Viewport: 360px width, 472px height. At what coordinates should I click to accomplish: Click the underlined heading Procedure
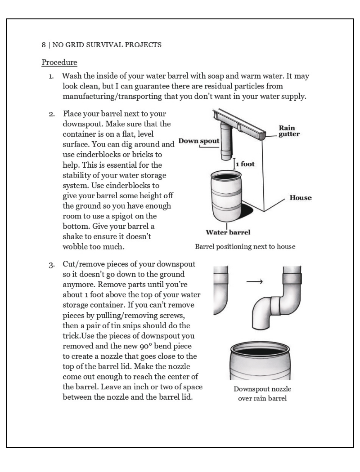pyautogui.click(x=59, y=62)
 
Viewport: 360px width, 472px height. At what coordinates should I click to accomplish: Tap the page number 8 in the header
pyautogui.click(x=43, y=45)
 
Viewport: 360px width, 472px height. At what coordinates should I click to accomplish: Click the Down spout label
pyautogui.click(x=199, y=141)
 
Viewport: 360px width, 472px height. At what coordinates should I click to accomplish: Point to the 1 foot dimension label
pyautogui.click(x=245, y=164)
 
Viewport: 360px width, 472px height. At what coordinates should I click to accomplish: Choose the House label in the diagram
pyautogui.click(x=300, y=198)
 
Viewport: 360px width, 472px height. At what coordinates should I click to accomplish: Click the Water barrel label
pyautogui.click(x=228, y=232)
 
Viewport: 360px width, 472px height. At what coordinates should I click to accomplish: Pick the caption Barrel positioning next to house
pyautogui.click(x=245, y=246)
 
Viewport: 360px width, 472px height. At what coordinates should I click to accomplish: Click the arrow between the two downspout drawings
pyautogui.click(x=255, y=282)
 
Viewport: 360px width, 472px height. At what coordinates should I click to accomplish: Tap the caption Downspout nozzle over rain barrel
pyautogui.click(x=262, y=393)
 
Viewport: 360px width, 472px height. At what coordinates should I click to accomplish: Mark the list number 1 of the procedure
pyautogui.click(x=52, y=76)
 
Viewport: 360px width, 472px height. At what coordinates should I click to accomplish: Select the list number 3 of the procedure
pyautogui.click(x=52, y=264)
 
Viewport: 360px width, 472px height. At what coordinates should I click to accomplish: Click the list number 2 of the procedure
pyautogui.click(x=52, y=114)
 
